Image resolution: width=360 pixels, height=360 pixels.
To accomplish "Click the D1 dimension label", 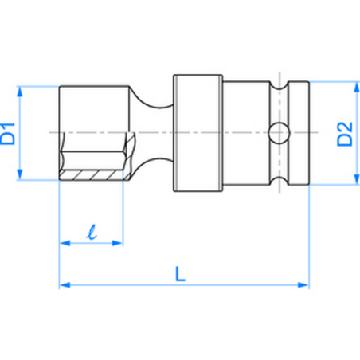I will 10,132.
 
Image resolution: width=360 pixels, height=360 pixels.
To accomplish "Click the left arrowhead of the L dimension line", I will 65,283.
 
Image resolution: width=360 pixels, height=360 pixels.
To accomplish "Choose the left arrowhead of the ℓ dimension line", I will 65,241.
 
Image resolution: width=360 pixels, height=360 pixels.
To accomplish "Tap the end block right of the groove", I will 296,132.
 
